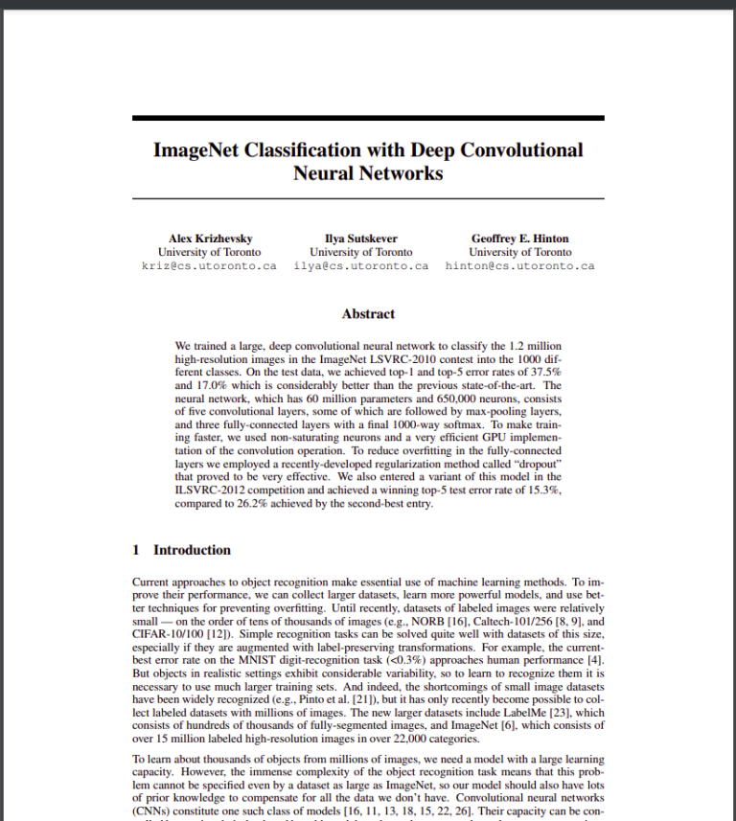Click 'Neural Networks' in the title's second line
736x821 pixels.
[x=368, y=173]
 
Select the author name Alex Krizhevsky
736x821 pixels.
[x=210, y=239]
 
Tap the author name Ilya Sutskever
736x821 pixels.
[x=361, y=239]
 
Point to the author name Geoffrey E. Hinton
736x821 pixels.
[x=519, y=239]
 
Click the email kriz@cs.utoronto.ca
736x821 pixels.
[x=210, y=265]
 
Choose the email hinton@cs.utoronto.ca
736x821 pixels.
[x=519, y=265]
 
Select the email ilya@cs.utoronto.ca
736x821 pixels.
[x=361, y=265]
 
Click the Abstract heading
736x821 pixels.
[x=368, y=313]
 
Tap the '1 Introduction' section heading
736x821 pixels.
[x=181, y=550]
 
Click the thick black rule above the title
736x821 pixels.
[x=368, y=118]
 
